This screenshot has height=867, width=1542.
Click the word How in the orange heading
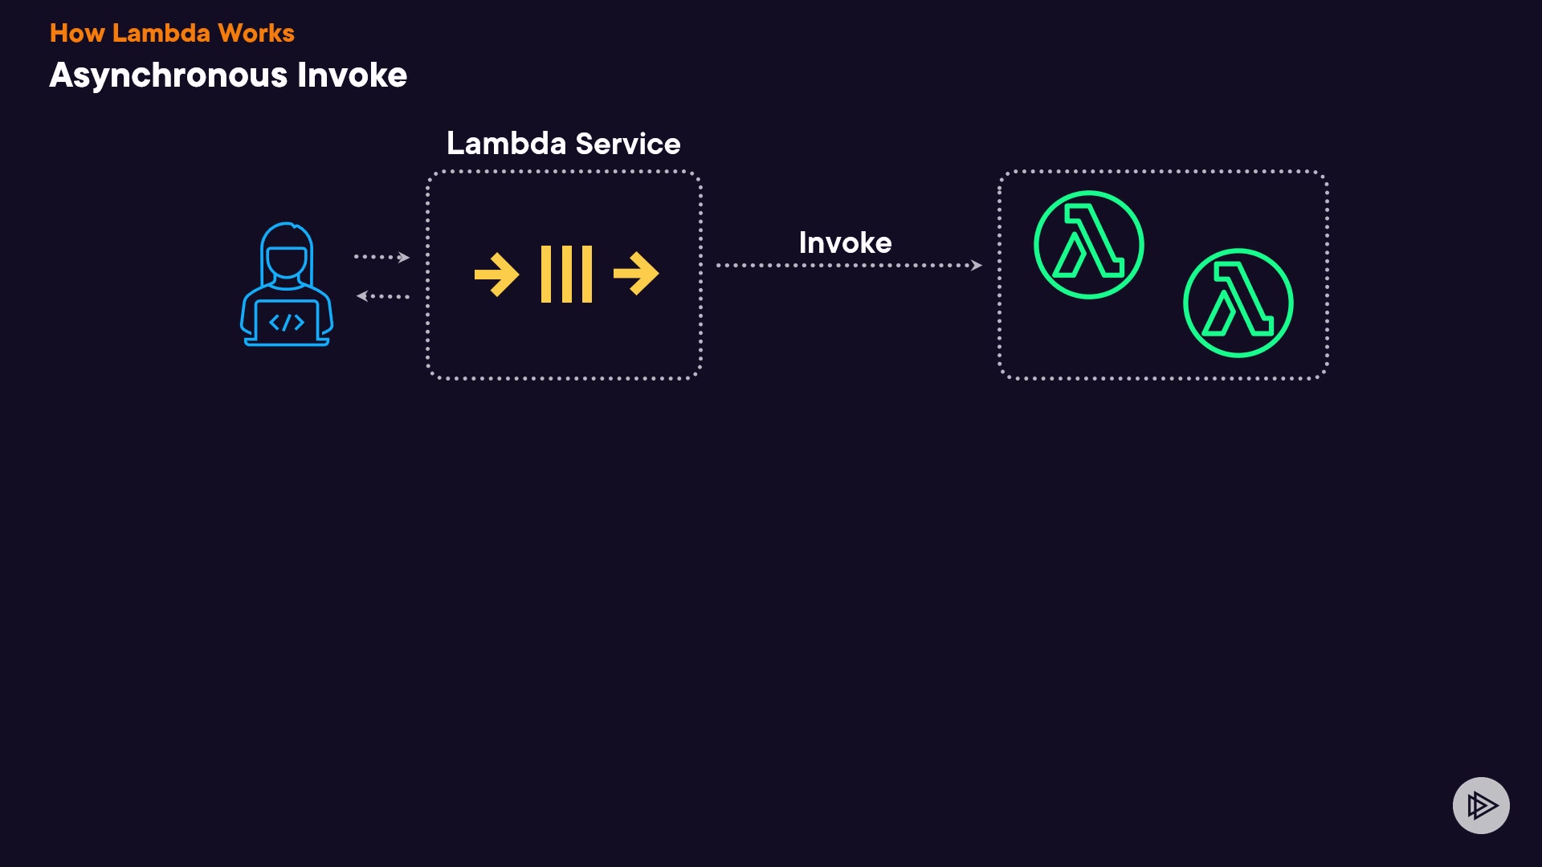[x=77, y=33]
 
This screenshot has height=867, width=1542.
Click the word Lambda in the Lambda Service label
[x=506, y=144]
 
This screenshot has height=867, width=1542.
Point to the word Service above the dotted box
[x=628, y=144]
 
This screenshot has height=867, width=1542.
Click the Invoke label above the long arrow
[x=845, y=242]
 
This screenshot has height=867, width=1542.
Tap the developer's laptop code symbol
[x=287, y=323]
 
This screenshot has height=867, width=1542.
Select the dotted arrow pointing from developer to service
[x=382, y=257]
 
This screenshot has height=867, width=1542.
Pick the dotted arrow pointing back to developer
[x=382, y=296]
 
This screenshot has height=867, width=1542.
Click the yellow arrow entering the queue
[x=496, y=275]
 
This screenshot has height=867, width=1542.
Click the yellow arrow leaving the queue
[x=636, y=275]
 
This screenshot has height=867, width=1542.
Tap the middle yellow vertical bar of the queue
[x=566, y=275]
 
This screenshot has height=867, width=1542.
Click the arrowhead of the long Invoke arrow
[x=977, y=265]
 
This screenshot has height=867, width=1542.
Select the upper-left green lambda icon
[x=1088, y=244]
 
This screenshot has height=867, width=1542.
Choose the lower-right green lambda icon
[x=1238, y=303]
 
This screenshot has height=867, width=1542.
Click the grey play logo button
[x=1481, y=805]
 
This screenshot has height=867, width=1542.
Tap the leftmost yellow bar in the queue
[x=546, y=275]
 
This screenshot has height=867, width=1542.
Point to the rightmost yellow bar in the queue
[x=587, y=275]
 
